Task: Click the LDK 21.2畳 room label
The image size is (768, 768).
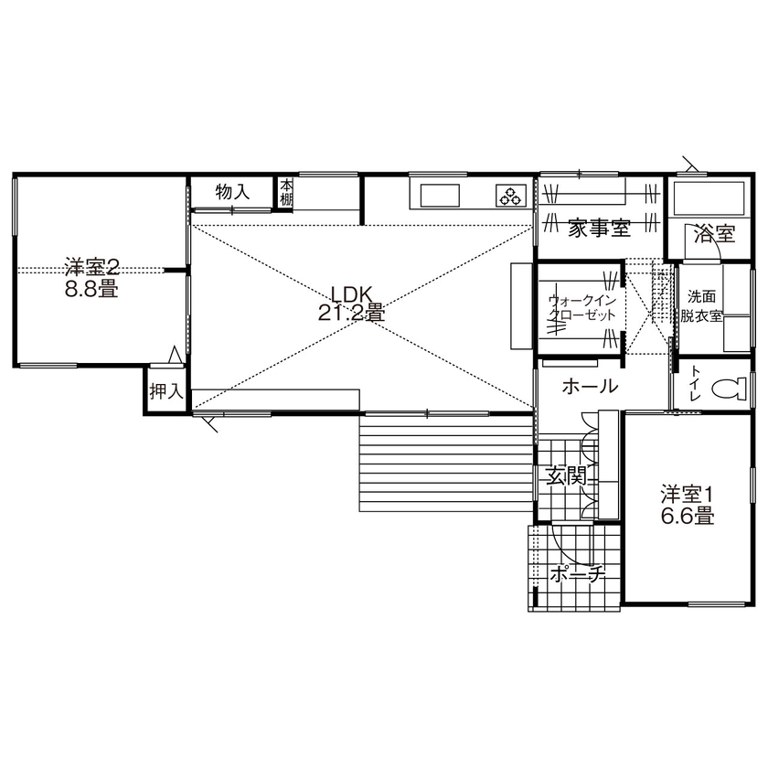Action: tap(350, 303)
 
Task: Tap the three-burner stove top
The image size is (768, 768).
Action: tap(509, 195)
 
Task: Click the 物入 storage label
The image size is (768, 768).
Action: tap(232, 192)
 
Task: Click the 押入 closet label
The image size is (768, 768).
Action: tap(165, 392)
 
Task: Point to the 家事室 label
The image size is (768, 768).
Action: tap(598, 229)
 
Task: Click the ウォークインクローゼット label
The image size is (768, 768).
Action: tap(581, 307)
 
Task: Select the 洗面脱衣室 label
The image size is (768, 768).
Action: tap(702, 306)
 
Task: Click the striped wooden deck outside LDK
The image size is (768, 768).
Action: tap(448, 462)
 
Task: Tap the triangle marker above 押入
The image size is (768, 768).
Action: tap(175, 356)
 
